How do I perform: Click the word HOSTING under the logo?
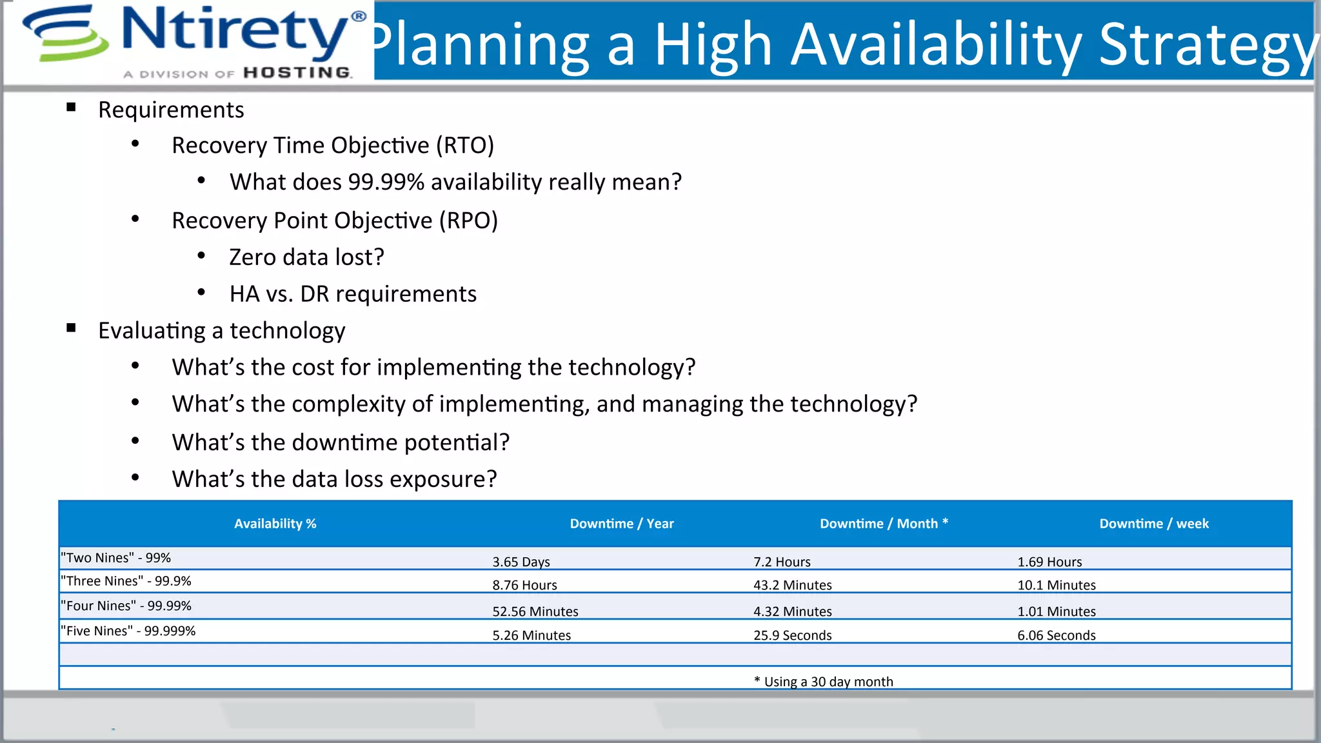coord(297,73)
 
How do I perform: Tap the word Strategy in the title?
coord(1206,45)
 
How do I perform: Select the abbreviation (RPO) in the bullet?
coord(468,221)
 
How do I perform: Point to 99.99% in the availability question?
coord(386,182)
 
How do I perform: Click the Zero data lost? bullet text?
coord(306,257)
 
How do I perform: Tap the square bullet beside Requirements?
coord(71,108)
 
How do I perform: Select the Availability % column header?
coord(275,524)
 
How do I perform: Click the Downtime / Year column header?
coord(621,524)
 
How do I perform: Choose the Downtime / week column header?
coord(1153,524)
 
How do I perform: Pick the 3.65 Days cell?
coord(521,562)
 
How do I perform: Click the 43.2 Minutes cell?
coord(792,585)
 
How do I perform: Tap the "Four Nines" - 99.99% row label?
coord(126,606)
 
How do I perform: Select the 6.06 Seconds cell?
coord(1056,635)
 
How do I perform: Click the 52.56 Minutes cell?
coord(535,611)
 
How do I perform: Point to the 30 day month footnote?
coord(824,682)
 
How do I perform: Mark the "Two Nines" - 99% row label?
coord(115,558)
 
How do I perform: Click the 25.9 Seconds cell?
coord(792,635)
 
